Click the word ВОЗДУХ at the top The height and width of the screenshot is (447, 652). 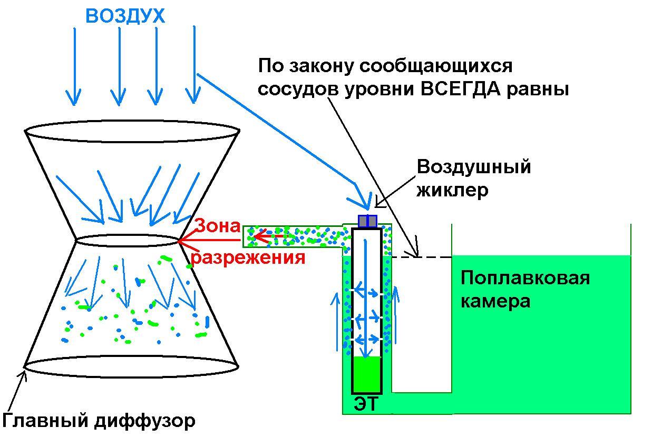click(x=125, y=16)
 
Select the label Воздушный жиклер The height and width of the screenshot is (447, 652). click(x=473, y=178)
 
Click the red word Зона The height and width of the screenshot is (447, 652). click(x=218, y=226)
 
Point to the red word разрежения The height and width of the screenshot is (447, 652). click(x=248, y=258)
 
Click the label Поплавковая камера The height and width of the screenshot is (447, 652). click(x=525, y=289)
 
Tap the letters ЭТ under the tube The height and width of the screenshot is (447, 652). click(x=366, y=404)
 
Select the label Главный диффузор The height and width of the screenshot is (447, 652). click(x=99, y=421)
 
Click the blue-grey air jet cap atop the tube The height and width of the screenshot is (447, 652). click(x=367, y=221)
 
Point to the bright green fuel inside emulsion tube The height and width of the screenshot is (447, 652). click(x=366, y=374)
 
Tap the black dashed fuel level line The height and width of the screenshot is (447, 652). click(x=422, y=257)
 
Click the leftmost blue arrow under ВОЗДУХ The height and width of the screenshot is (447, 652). click(x=74, y=66)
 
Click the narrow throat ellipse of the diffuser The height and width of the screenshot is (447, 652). click(x=128, y=241)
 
